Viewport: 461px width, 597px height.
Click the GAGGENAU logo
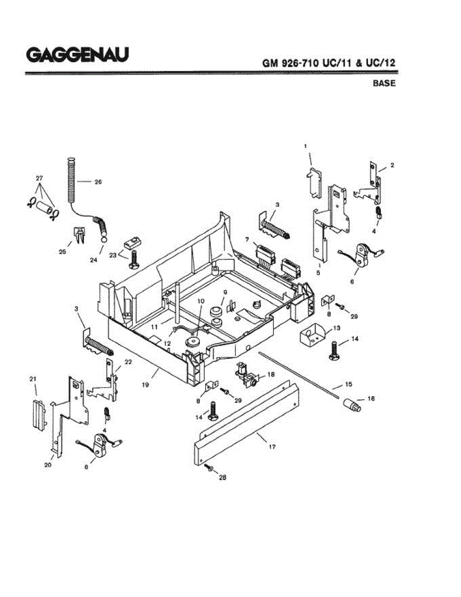tap(78, 54)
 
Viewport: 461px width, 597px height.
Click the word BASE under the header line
tap(384, 83)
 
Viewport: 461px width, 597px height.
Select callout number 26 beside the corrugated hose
tap(97, 182)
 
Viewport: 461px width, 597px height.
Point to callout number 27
tap(39, 178)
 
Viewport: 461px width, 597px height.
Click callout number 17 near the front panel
tap(272, 447)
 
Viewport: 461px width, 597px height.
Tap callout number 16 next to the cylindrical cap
tap(371, 398)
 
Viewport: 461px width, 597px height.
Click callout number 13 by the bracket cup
tap(337, 328)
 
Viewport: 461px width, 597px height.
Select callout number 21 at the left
tap(33, 379)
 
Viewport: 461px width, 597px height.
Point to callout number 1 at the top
tap(305, 146)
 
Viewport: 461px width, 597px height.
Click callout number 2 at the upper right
tap(392, 165)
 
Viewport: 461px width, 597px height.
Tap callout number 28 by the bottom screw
tap(223, 477)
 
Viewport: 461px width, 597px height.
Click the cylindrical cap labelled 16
tap(352, 405)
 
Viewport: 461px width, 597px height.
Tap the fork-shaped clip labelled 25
tap(78, 234)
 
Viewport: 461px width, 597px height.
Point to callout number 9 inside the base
tap(225, 292)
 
